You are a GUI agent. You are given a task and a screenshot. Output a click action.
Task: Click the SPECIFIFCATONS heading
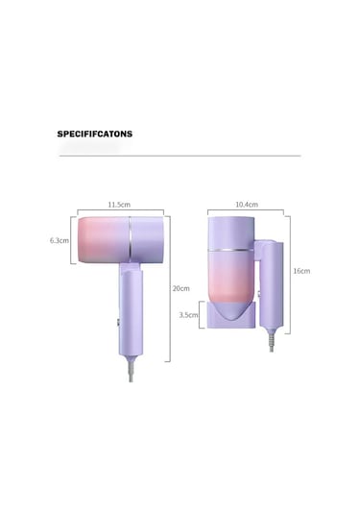click(x=95, y=134)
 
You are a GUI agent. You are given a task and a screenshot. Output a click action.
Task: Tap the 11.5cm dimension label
click(x=119, y=205)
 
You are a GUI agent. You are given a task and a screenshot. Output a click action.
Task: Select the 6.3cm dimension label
click(x=60, y=240)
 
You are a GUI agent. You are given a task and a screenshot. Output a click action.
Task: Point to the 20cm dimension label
click(x=181, y=288)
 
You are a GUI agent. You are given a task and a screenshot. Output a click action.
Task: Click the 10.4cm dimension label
click(x=247, y=205)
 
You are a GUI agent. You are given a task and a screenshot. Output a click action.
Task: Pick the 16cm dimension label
click(x=301, y=271)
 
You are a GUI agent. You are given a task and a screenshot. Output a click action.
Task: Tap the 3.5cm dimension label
click(x=188, y=315)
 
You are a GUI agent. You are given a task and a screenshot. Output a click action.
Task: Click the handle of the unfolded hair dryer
click(x=131, y=309)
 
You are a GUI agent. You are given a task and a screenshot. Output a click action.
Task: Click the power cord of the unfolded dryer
click(x=131, y=369)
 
